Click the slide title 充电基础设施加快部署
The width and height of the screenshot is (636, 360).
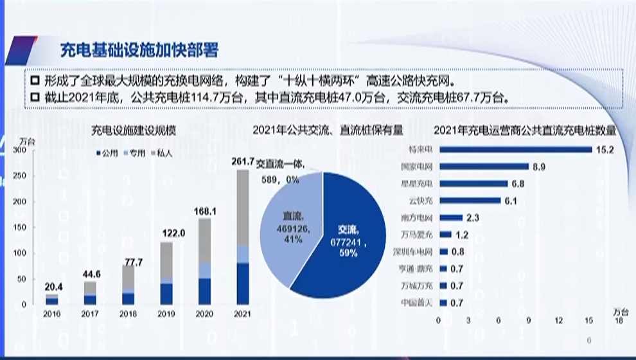coord(139,50)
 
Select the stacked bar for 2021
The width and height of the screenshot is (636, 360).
coord(243,238)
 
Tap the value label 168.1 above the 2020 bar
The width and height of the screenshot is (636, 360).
coord(204,210)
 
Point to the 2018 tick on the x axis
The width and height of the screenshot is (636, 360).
coord(128,314)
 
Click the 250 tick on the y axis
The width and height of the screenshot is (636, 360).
coord(19,175)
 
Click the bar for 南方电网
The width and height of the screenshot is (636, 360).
coord(450,217)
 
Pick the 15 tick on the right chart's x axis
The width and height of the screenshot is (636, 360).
coord(588,319)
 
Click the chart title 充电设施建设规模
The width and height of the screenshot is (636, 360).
coord(134,130)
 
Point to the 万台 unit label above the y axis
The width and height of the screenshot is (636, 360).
coord(28,139)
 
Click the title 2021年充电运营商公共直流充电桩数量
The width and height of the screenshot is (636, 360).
coord(525,130)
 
